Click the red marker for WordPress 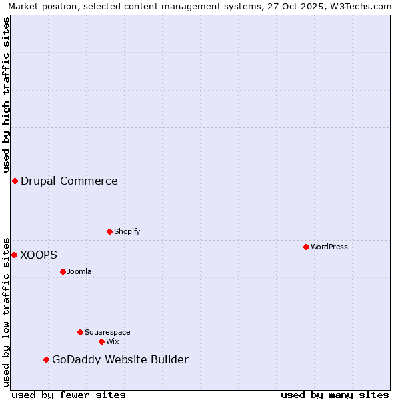pos(306,247)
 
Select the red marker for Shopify pos(109,231)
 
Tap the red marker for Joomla pos(63,271)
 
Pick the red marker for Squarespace pos(80,332)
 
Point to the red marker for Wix pos(101,341)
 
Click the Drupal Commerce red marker pos(15,181)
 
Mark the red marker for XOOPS pos(14,255)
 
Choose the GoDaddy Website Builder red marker pos(46,359)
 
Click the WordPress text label pos(329,247)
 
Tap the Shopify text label pos(127,232)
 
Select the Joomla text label pos(79,272)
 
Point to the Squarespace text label pos(107,333)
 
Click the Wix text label pos(112,342)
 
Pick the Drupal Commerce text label pos(69,181)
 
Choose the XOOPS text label pos(39,255)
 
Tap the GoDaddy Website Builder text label pos(120,360)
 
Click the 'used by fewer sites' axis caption pos(69,395)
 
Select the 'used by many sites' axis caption pos(335,395)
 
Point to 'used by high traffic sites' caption pos(6,93)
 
